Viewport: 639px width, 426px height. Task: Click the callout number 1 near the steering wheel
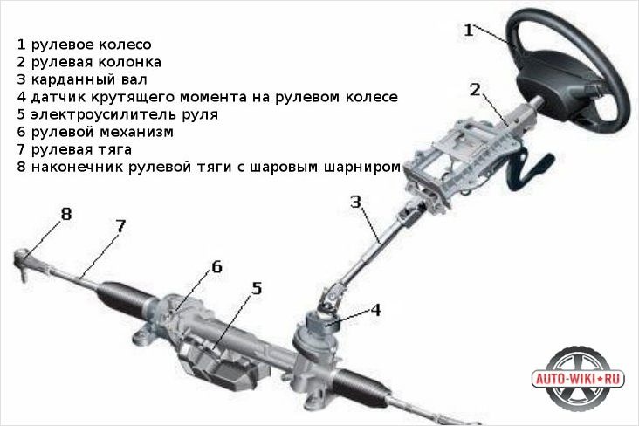pos(469,31)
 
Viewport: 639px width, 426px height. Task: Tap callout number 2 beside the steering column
pos(475,90)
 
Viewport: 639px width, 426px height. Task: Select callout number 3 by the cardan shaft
pos(356,202)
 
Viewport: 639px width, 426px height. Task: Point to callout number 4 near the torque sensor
pos(375,310)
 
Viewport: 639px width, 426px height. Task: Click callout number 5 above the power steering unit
pos(257,288)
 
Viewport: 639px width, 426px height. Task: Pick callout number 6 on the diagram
pos(216,267)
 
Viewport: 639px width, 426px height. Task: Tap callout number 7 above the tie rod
pos(120,226)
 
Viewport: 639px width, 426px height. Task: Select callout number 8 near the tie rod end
pos(66,214)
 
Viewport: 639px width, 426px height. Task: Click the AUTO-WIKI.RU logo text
pos(579,379)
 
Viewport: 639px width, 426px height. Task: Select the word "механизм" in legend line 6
pos(136,132)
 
